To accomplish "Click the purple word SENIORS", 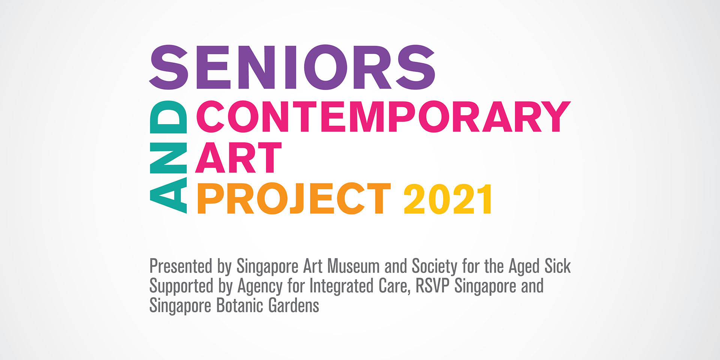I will [292, 67].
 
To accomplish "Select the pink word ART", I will [238, 157].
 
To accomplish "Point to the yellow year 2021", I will [448, 199].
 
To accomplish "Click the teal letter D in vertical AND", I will [168, 117].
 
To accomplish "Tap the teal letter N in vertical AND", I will [168, 157].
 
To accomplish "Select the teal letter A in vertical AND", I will [168, 195].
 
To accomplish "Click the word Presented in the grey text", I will [181, 266].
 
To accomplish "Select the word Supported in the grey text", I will [181, 286].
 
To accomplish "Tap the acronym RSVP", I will [432, 286].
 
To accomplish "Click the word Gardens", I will [294, 305].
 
